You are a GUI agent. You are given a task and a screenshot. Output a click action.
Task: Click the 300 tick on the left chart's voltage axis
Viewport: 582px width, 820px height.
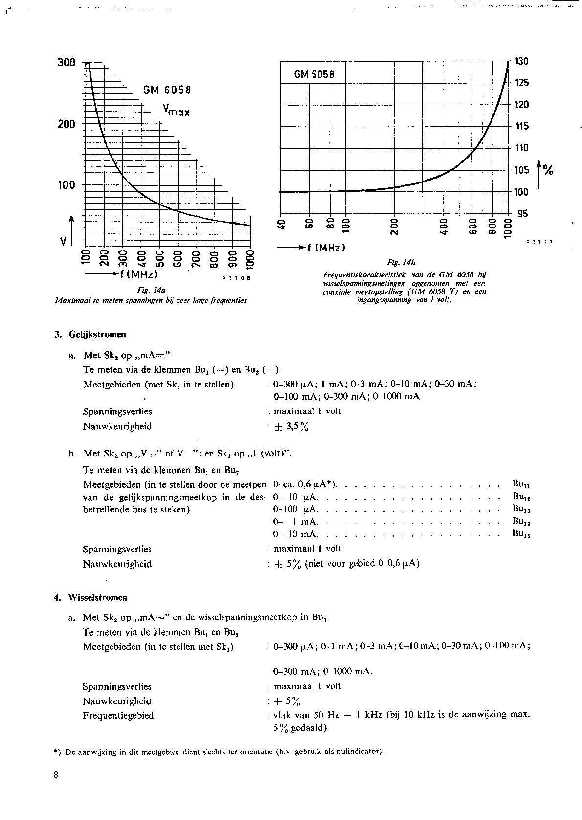point(67,63)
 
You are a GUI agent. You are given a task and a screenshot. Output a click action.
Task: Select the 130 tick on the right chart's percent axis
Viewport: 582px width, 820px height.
point(522,61)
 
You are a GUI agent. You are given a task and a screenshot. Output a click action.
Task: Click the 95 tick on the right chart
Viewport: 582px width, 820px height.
point(522,214)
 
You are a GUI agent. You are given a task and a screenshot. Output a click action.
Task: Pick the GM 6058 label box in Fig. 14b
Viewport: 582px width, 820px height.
point(314,75)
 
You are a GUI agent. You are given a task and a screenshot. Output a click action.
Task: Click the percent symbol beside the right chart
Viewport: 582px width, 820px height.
point(549,170)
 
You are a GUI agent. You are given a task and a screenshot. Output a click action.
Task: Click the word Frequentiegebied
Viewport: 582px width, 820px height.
point(118,715)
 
